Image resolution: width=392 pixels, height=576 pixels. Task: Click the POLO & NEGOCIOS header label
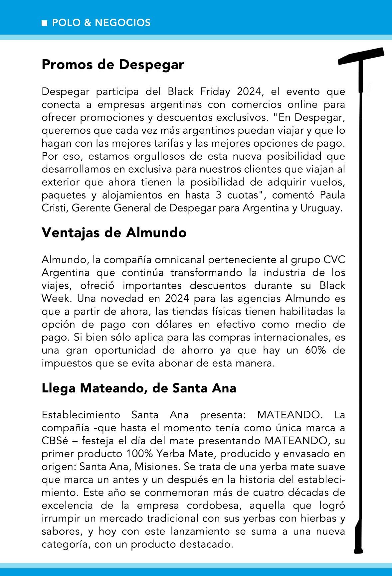point(101,23)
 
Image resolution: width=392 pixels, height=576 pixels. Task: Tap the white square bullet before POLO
point(45,23)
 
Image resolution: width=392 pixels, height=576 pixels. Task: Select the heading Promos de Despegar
point(113,65)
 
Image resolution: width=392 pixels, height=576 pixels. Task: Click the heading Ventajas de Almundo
point(114,232)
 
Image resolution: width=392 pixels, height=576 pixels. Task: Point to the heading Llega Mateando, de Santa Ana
point(139,388)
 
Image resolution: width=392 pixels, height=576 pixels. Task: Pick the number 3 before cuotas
point(218,195)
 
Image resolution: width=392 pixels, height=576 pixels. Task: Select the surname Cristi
point(55,208)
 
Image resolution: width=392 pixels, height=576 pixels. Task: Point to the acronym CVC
point(334,260)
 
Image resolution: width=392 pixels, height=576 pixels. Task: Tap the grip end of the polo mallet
point(359,535)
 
